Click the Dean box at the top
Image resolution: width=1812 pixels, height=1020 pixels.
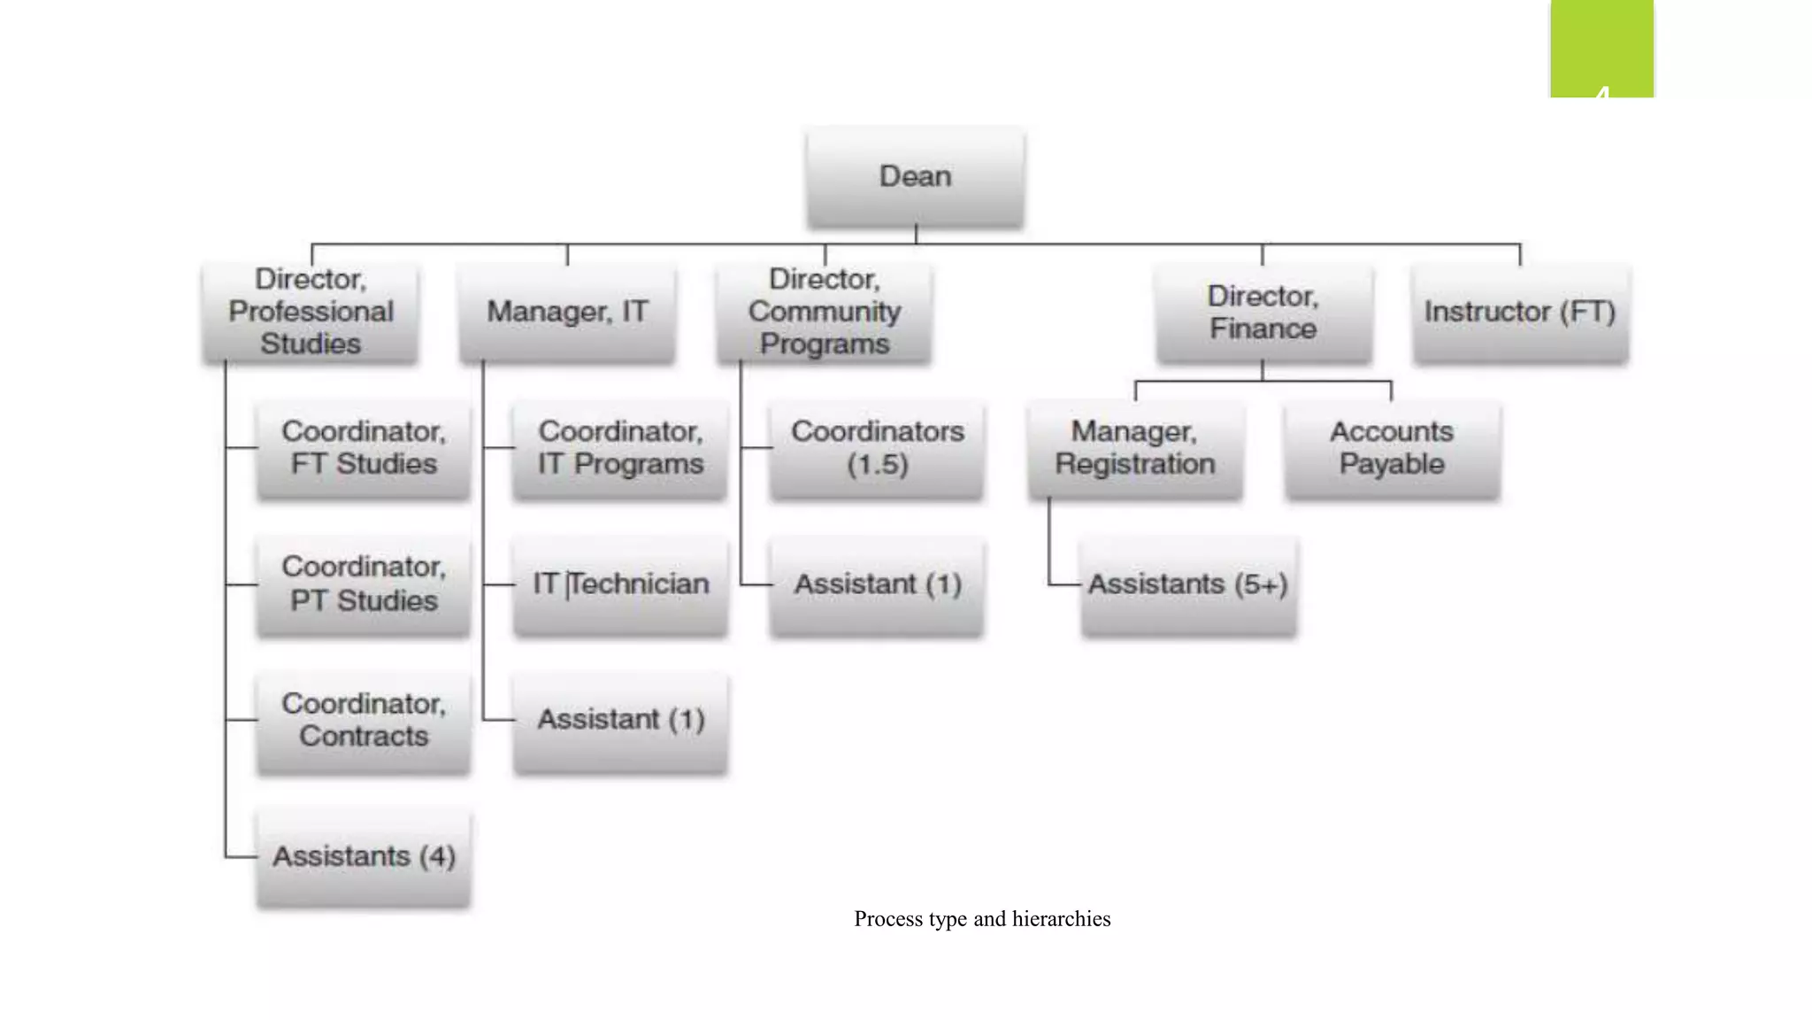(x=916, y=176)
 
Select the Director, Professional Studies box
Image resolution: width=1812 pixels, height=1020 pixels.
(x=311, y=312)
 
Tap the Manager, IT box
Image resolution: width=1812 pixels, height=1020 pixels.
(x=567, y=312)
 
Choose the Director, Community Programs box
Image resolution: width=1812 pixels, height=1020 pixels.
(x=824, y=312)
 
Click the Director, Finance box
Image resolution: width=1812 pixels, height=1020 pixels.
(x=1263, y=312)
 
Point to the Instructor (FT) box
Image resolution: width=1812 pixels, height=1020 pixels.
(x=1520, y=312)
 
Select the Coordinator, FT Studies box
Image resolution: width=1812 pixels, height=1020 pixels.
(x=364, y=448)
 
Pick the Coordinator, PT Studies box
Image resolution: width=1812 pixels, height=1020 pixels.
(x=364, y=584)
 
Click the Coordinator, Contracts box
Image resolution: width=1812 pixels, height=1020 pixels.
(x=364, y=720)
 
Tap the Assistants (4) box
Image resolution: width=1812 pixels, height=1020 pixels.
(x=364, y=856)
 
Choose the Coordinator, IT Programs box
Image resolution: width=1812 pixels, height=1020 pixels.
(x=620, y=448)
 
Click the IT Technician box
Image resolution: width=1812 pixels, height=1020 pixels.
(x=620, y=584)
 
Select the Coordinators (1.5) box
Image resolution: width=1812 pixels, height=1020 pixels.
(x=877, y=448)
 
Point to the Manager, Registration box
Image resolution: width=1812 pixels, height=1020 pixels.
(x=1135, y=448)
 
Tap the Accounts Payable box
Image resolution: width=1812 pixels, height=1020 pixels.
(x=1392, y=448)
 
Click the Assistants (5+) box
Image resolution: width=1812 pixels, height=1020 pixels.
(x=1188, y=584)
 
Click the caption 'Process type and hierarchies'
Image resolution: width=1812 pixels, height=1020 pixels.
(x=982, y=919)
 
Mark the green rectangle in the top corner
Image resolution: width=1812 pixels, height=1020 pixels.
(x=1601, y=48)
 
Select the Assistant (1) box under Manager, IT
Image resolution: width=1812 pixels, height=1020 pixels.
(x=620, y=720)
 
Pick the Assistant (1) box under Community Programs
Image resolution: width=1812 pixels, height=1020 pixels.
(x=877, y=584)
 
